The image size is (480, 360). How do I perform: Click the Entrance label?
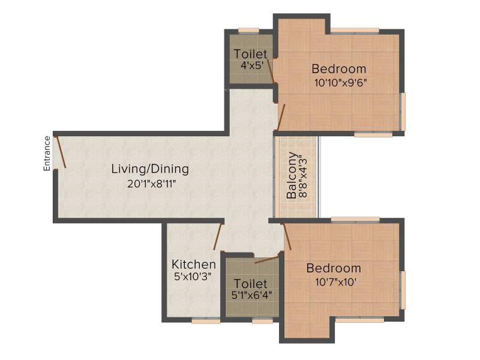47,154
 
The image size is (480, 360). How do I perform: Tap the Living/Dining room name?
150,169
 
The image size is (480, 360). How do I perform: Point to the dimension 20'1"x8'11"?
152,184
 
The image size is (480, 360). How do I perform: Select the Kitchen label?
194,264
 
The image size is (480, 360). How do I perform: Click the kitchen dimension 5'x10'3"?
193,277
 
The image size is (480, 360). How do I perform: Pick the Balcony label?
292,175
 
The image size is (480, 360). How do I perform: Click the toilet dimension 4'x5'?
252,65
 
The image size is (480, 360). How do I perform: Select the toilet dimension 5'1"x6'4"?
251,295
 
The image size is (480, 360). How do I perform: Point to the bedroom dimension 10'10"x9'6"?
340,83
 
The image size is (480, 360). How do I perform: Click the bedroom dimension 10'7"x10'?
335,281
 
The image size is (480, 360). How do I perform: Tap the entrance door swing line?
61,152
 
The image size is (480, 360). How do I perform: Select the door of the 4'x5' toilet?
271,71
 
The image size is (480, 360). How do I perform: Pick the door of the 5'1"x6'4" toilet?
267,260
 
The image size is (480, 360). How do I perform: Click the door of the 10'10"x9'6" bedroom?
281,117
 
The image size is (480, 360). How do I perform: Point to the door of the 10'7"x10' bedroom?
287,236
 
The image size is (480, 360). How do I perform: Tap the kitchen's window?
206,321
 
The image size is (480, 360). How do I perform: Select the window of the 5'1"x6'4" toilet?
263,321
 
